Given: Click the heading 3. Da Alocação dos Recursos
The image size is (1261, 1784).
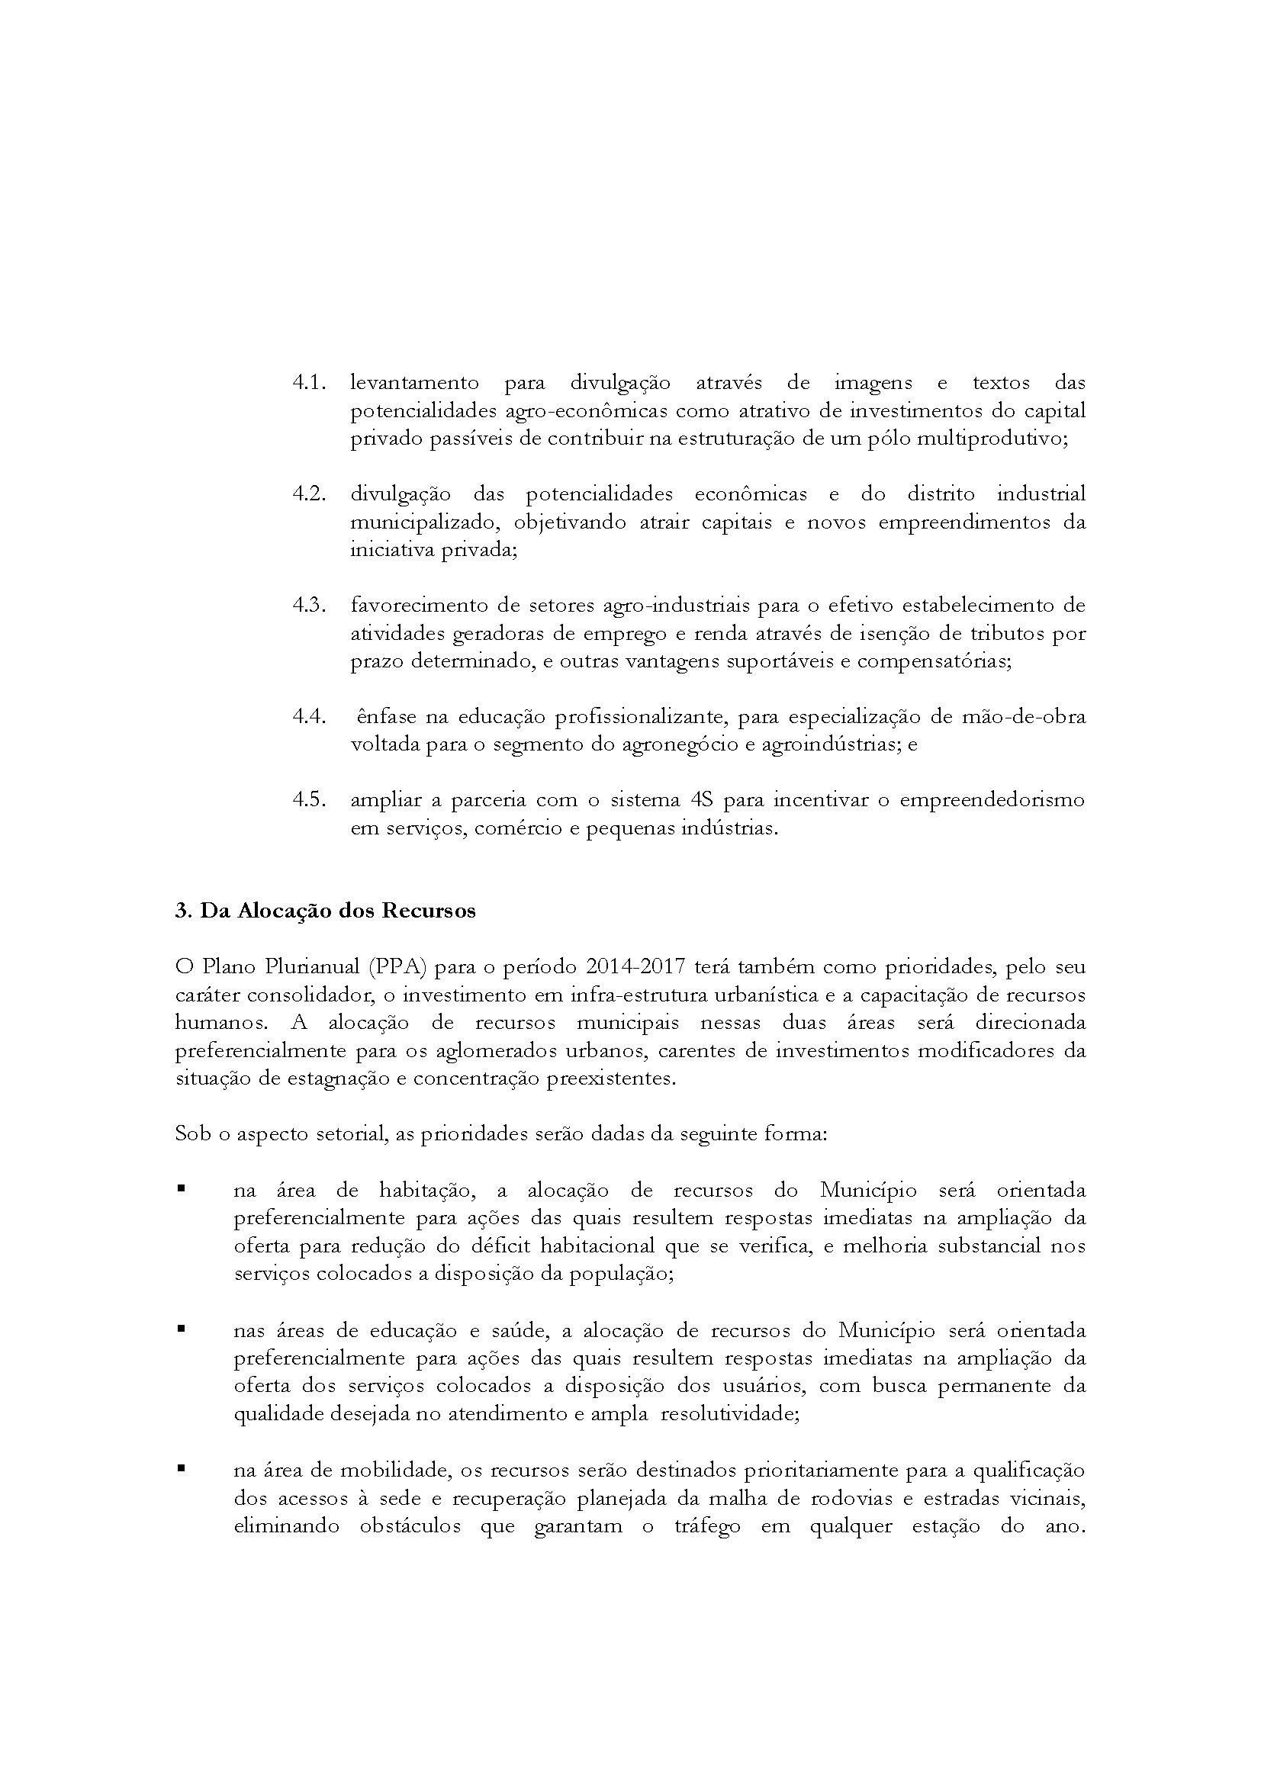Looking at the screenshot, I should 326,911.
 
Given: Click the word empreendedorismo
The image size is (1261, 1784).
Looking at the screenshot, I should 992,799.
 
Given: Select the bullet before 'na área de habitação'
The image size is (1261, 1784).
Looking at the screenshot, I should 181,1188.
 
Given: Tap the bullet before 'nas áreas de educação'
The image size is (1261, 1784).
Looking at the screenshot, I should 181,1329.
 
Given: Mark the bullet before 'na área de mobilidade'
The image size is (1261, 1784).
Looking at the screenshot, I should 181,1468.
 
